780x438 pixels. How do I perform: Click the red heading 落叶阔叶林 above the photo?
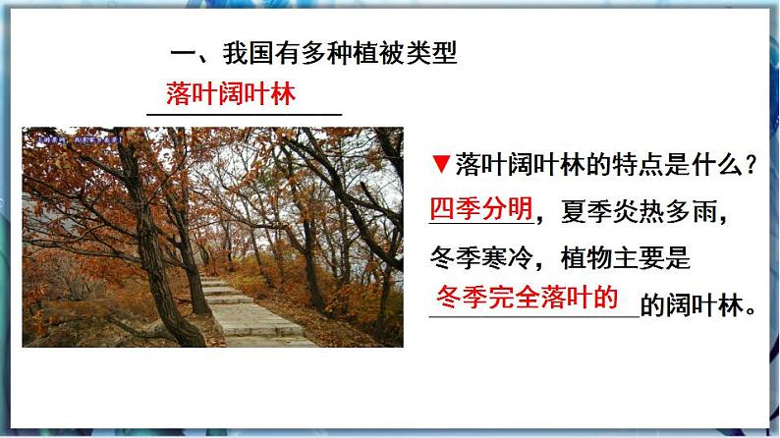231,94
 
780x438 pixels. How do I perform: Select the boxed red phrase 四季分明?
481,209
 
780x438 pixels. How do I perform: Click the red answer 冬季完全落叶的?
529,297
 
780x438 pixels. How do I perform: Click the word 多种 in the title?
315,54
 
